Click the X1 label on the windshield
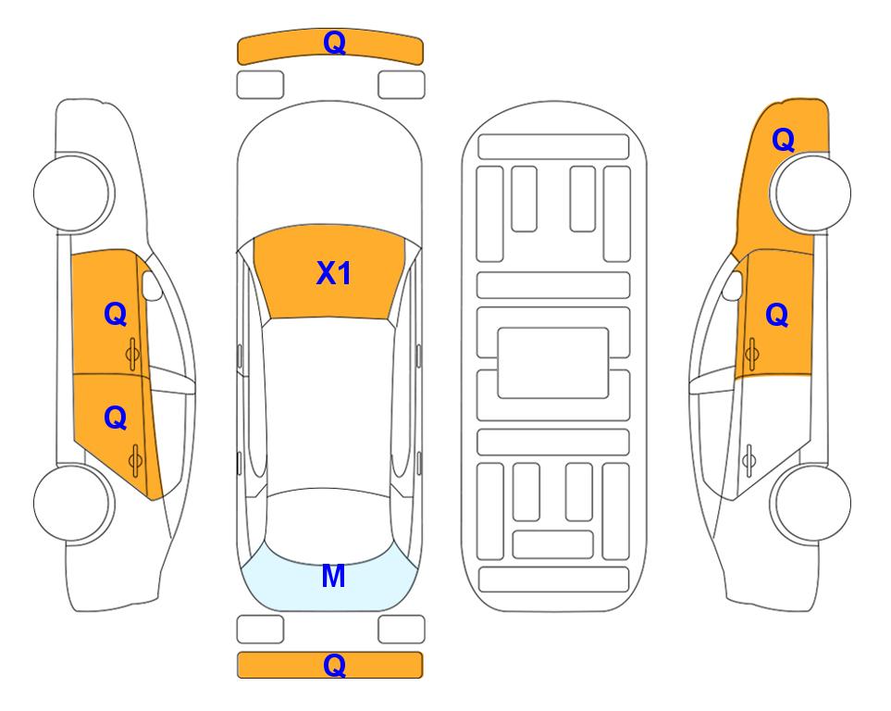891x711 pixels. pyautogui.click(x=334, y=273)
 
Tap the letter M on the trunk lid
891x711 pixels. pyautogui.click(x=333, y=576)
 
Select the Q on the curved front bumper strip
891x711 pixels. pyautogui.click(x=334, y=43)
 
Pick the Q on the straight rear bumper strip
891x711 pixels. pyautogui.click(x=334, y=665)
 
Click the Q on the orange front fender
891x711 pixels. pyautogui.click(x=783, y=140)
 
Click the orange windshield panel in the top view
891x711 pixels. pyautogui.click(x=329, y=272)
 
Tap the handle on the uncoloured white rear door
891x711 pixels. pyautogui.click(x=749, y=460)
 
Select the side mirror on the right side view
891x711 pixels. pyautogui.click(x=733, y=285)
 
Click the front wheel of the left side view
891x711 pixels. pyautogui.click(x=73, y=193)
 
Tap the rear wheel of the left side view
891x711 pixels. pyautogui.click(x=73, y=503)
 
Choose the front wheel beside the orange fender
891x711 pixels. pyautogui.click(x=811, y=193)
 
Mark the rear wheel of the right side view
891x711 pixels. pyautogui.click(x=811, y=503)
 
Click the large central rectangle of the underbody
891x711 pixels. pyautogui.click(x=553, y=363)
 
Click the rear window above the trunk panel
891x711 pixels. pyautogui.click(x=328, y=526)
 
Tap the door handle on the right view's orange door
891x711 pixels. pyautogui.click(x=751, y=354)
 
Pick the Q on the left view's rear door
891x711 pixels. pyautogui.click(x=116, y=418)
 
